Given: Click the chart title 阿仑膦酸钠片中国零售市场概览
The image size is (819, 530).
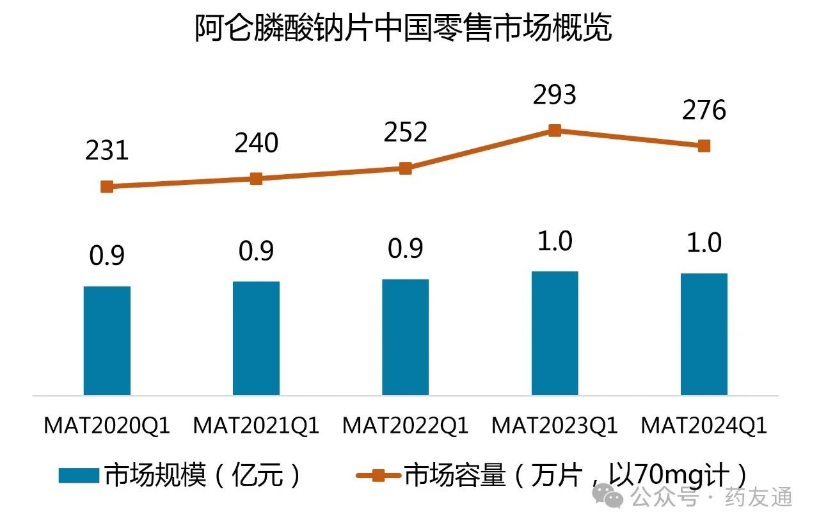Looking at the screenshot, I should click(x=404, y=29).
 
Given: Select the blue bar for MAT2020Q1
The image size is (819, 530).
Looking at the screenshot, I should click(x=107, y=340).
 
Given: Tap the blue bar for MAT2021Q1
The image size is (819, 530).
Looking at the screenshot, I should click(x=256, y=337).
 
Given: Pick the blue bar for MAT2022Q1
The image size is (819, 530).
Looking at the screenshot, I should click(x=405, y=337).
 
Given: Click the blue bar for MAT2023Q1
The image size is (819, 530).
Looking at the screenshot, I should click(x=555, y=333).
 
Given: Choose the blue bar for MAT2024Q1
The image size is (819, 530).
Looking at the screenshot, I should click(x=704, y=333).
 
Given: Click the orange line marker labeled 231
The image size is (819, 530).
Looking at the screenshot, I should click(x=107, y=187).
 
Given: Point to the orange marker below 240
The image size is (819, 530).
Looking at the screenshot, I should click(x=256, y=179).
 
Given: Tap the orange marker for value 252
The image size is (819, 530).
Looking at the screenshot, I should click(x=405, y=168).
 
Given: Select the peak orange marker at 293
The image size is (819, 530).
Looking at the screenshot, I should click(x=555, y=131).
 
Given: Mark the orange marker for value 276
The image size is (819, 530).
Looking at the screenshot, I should click(x=704, y=146).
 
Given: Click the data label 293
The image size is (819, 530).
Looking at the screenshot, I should click(x=555, y=95).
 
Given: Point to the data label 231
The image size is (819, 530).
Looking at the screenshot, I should click(x=107, y=150).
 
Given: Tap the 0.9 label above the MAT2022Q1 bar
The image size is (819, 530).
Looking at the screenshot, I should click(x=405, y=248).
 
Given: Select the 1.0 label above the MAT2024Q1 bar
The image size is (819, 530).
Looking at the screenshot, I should click(x=704, y=243).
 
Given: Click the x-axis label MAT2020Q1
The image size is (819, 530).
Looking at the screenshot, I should click(x=107, y=426).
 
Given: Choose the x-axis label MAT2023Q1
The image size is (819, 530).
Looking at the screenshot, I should click(x=555, y=426).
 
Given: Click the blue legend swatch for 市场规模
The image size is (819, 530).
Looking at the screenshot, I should click(x=79, y=476).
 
